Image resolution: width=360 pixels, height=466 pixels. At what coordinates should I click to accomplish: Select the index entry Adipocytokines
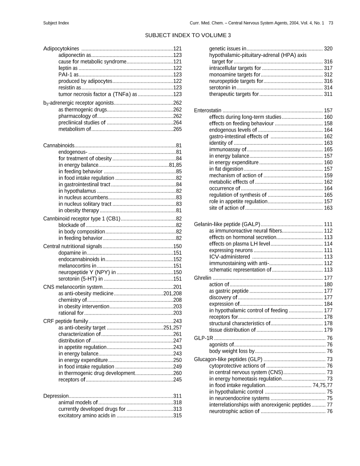tap(61, 48)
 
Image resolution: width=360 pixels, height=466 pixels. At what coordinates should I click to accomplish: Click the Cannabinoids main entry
tap(59, 145)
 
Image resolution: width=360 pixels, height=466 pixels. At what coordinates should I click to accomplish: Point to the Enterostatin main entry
tap(208, 110)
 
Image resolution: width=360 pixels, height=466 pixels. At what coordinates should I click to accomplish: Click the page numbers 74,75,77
tap(322, 385)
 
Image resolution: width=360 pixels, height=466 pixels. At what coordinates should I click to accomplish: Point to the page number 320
tap(328, 48)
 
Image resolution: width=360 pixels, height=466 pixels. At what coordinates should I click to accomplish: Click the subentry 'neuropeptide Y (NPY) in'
tap(87, 272)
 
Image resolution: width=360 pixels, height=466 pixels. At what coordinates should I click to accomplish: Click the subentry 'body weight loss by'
tap(232, 351)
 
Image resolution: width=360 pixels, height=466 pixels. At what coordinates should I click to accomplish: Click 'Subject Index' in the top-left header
tap(56, 23)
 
